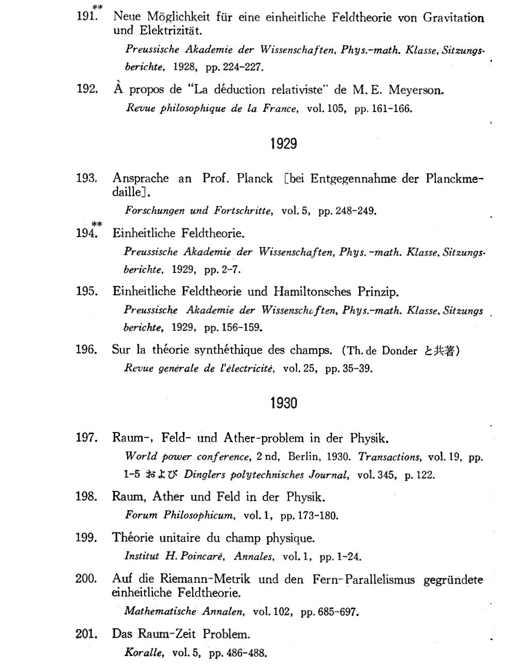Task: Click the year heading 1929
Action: (284, 144)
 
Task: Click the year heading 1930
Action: (284, 403)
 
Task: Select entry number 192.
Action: (87, 89)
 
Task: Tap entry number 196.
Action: (87, 350)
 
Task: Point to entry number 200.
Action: (87, 579)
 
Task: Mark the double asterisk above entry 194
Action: (96, 224)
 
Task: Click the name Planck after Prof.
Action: (255, 179)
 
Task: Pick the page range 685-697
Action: (329, 612)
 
